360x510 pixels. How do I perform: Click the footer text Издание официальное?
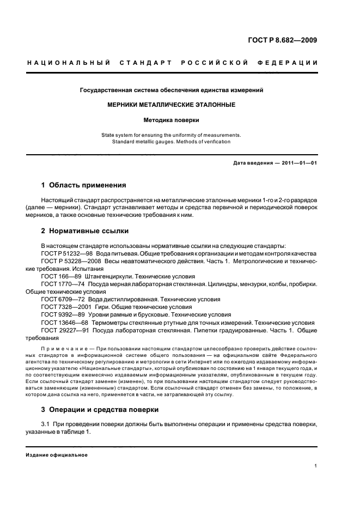[57, 455]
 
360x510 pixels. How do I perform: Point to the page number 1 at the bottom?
[316, 466]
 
